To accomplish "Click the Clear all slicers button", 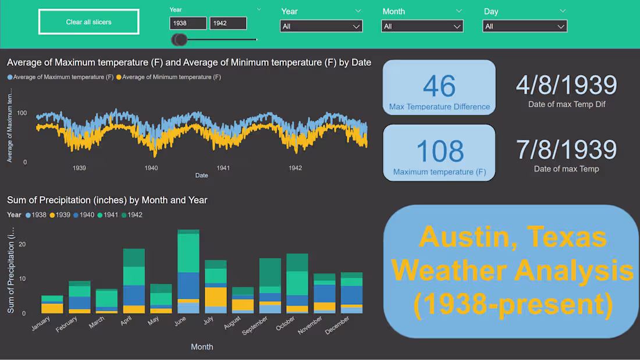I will pyautogui.click(x=88, y=22).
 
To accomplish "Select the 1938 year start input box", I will pyautogui.click(x=188, y=23).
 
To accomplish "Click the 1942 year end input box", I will pyautogui.click(x=227, y=23).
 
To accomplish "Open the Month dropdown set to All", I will pyautogui.click(x=422, y=26).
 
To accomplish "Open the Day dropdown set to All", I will pyautogui.click(x=524, y=26).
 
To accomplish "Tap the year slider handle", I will pyautogui.click(x=180, y=40).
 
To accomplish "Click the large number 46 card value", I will pyautogui.click(x=439, y=86).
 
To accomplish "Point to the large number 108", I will pyautogui.click(x=440, y=151).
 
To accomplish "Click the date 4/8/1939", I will pyautogui.click(x=566, y=85).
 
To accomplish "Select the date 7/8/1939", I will pyautogui.click(x=566, y=149).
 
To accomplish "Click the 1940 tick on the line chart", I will pyautogui.click(x=151, y=168).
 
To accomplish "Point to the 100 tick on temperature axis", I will pyautogui.click(x=22, y=113).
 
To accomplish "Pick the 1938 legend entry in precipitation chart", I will pyautogui.click(x=36, y=215).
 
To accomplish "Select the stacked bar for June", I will pyautogui.click(x=189, y=272).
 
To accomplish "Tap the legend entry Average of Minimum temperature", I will pyautogui.click(x=168, y=77).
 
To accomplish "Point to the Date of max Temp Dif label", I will pyautogui.click(x=566, y=105).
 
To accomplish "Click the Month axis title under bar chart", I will pyautogui.click(x=202, y=347).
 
